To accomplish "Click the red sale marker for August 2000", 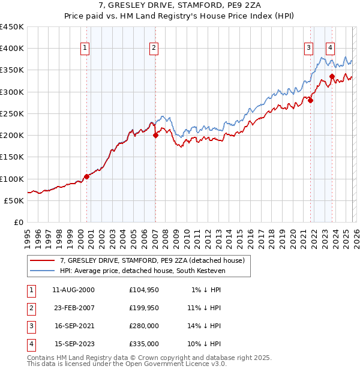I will [x=86, y=176].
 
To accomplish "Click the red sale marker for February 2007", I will [x=155, y=136].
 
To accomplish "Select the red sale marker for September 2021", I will [x=310, y=101].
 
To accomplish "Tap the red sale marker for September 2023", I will [x=332, y=77].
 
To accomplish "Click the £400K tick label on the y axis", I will [x=12, y=49].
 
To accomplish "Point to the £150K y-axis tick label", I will [x=12, y=157].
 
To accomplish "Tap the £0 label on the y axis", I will [x=18, y=222].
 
